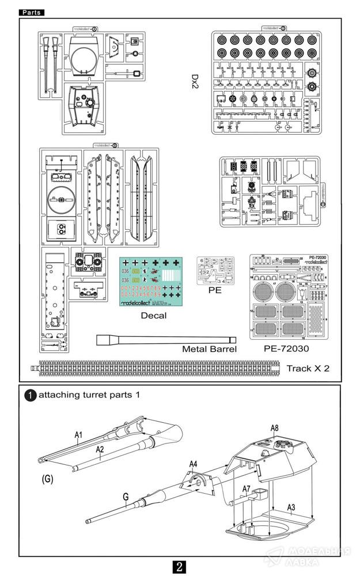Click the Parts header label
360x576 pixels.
pos(31,12)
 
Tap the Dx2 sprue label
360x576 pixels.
pos(197,84)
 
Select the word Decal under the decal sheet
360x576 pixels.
pos(153,315)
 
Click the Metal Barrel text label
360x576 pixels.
pos(209,348)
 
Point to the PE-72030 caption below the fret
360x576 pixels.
pos(286,348)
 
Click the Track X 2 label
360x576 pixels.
pos(308,368)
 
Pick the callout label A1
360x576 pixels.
pos(79,435)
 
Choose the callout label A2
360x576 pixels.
pos(100,449)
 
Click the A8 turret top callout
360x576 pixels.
pos(275,428)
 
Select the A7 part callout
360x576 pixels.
pos(246,488)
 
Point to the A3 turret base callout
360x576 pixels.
pos(291,507)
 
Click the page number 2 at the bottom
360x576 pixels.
pos(180,567)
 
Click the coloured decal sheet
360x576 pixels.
pos(151,281)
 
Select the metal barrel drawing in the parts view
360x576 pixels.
pos(166,340)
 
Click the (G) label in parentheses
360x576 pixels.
pos(48,479)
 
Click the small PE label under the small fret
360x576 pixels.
pos(215,290)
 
